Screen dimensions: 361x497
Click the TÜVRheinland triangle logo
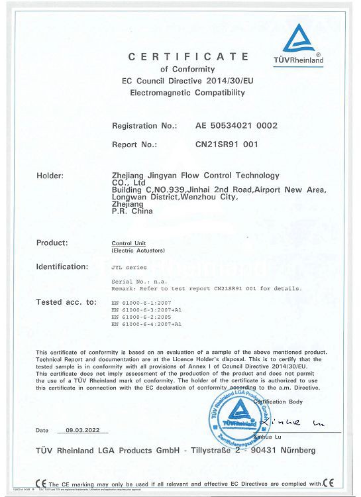tap(303, 41)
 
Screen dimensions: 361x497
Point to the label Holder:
tap(50, 176)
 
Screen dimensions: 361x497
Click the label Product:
tap(52, 243)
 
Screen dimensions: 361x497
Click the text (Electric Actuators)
tap(138, 251)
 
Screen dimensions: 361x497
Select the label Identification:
tap(62, 266)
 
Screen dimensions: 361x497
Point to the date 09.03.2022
tap(83, 430)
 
